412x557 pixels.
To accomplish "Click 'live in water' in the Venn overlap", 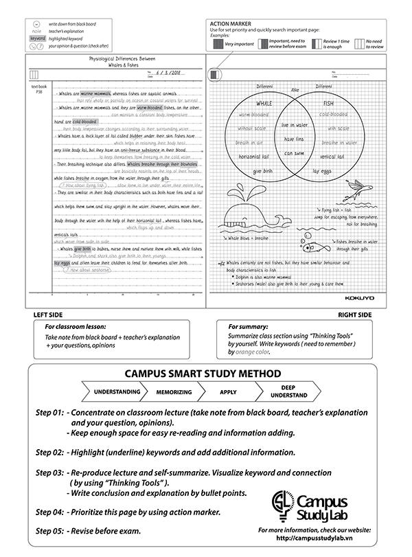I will point(294,125).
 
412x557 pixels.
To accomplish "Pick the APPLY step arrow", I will point(229,391).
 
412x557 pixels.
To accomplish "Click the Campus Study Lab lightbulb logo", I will point(282,505).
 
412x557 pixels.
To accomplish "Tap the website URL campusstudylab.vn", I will point(314,539).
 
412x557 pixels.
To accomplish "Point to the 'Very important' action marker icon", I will point(217,43).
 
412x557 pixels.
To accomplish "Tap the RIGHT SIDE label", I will point(354,314).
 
